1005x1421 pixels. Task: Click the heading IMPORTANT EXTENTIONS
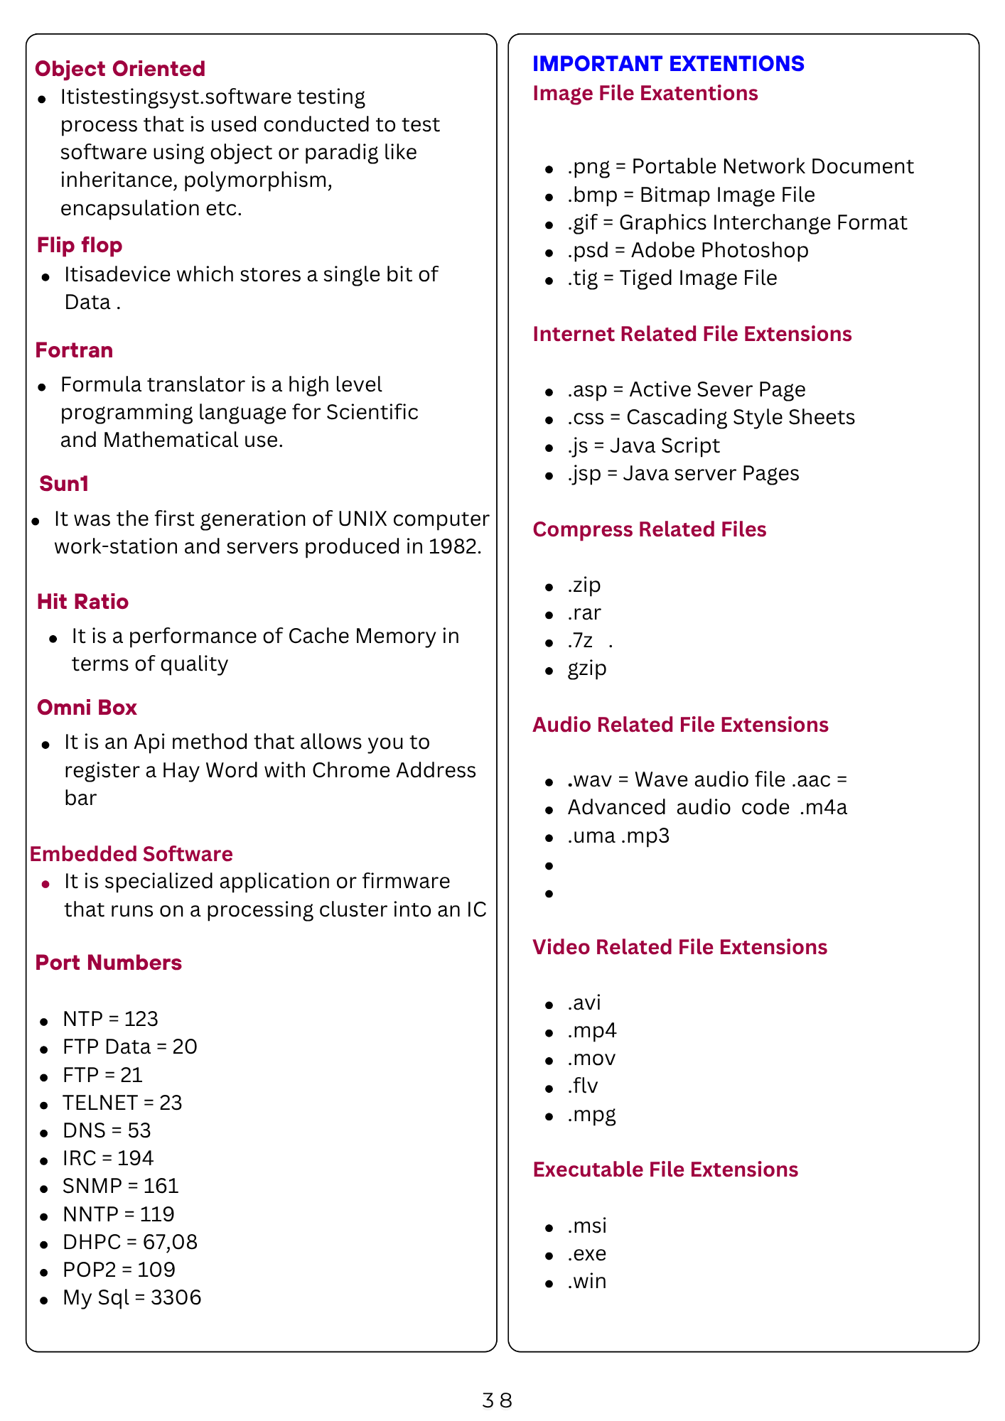(668, 64)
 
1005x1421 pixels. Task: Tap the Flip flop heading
(80, 245)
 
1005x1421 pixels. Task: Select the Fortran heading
(74, 350)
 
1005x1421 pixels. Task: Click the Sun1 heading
(64, 484)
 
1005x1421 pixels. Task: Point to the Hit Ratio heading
(82, 602)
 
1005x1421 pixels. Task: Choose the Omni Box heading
(87, 708)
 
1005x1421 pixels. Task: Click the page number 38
(497, 1400)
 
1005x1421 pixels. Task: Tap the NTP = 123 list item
(110, 1019)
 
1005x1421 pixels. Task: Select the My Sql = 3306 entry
(131, 1297)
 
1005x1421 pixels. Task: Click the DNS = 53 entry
(107, 1130)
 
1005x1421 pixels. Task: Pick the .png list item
(740, 166)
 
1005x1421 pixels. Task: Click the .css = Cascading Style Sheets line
(711, 417)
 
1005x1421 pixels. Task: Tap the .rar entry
(584, 612)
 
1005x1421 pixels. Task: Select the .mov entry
(591, 1059)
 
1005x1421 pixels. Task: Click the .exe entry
(587, 1253)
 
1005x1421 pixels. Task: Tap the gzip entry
(587, 669)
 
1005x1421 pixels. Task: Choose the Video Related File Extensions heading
(679, 947)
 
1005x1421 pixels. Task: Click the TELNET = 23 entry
(122, 1103)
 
